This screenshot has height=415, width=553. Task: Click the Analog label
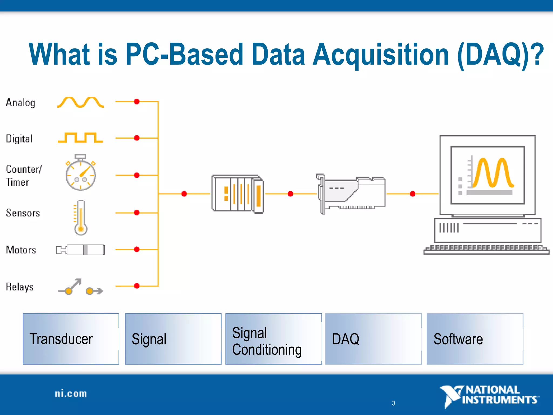point(21,103)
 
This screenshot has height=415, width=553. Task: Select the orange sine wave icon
point(80,102)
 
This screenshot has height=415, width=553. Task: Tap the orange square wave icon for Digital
point(80,138)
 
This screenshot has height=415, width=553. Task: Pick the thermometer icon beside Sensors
point(80,217)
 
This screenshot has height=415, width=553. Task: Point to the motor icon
point(80,250)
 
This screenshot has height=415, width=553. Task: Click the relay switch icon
point(80,287)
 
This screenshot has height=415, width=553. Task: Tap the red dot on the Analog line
point(137,102)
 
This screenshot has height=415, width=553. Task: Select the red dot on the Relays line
point(137,286)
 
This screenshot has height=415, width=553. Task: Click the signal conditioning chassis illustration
point(238,194)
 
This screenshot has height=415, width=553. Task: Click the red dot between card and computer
point(413,194)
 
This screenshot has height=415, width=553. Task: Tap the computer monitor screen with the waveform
point(487,175)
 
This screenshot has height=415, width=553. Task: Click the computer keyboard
point(486,250)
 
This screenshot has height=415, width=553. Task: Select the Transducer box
point(71,339)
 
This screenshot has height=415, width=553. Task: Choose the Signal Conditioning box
point(274,339)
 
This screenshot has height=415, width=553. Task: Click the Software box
point(475,339)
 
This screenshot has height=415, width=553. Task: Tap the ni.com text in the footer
point(71,394)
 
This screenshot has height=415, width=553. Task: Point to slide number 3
point(393,403)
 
